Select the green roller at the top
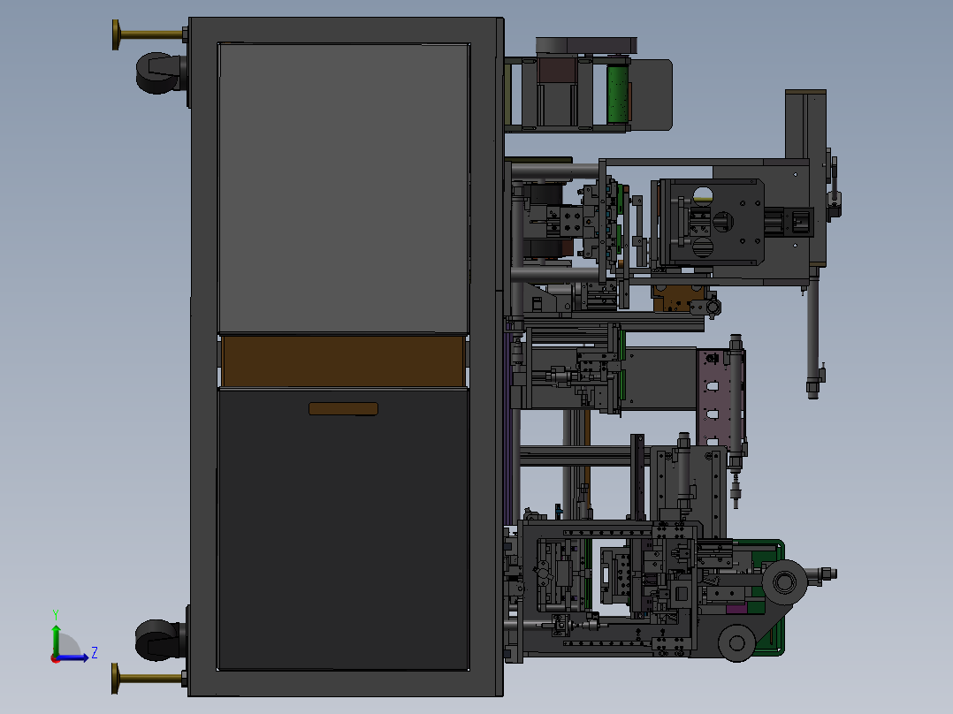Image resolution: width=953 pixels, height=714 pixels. (617, 95)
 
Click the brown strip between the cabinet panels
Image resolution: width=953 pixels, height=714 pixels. (343, 361)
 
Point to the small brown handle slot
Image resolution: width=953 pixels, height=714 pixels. (343, 409)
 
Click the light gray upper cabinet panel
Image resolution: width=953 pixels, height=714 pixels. (343, 187)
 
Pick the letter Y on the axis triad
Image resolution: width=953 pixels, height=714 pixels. (56, 615)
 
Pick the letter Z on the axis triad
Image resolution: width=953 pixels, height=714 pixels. (95, 653)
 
